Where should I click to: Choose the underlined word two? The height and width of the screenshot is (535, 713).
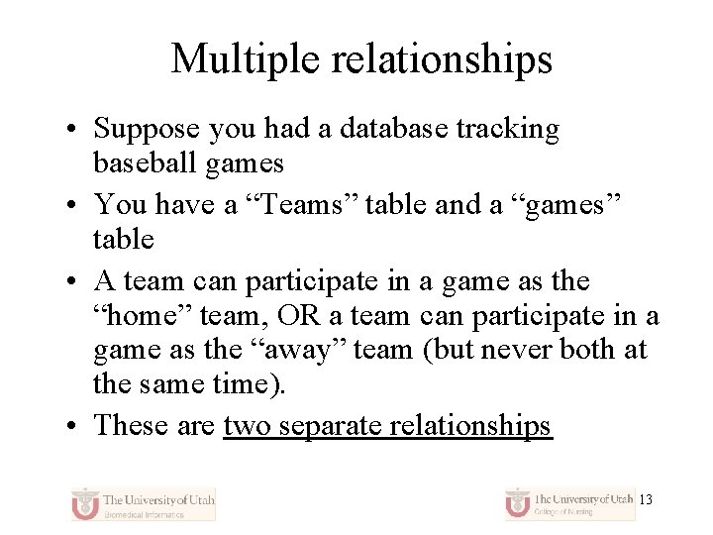[248, 425]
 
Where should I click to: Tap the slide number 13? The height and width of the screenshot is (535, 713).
[646, 500]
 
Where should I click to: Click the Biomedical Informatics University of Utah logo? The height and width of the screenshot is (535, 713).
[143, 503]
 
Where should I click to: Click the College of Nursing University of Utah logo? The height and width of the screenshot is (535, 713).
[568, 503]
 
